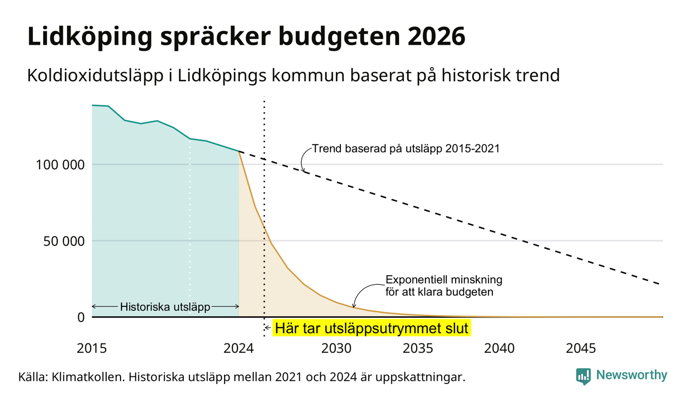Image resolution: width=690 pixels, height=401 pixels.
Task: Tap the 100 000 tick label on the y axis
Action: tap(60, 165)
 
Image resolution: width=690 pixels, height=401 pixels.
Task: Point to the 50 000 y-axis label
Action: tap(64, 242)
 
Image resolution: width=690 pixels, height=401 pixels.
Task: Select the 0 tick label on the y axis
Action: tap(81, 317)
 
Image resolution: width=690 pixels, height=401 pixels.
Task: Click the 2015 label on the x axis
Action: tap(92, 349)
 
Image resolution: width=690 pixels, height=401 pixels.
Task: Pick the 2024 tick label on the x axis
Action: tap(238, 349)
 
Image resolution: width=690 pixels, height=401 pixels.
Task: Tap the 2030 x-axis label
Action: tap(336, 349)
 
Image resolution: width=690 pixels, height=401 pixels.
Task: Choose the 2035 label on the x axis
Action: tap(418, 349)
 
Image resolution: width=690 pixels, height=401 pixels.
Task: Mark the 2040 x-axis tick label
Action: tap(499, 349)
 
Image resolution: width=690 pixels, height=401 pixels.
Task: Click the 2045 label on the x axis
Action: tap(581, 349)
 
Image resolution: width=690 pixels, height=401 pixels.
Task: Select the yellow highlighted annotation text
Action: tap(371, 328)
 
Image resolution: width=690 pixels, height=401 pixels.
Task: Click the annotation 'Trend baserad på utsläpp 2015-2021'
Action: tap(406, 149)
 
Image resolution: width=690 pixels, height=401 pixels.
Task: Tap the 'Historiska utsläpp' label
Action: tap(165, 307)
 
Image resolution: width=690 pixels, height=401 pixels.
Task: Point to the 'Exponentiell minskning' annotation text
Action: tap(444, 280)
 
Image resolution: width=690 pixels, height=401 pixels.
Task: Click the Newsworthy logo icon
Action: tap(583, 376)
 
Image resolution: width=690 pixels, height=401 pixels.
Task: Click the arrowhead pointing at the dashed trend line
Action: tap(303, 170)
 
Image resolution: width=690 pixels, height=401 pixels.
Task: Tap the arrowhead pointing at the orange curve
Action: tap(354, 305)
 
